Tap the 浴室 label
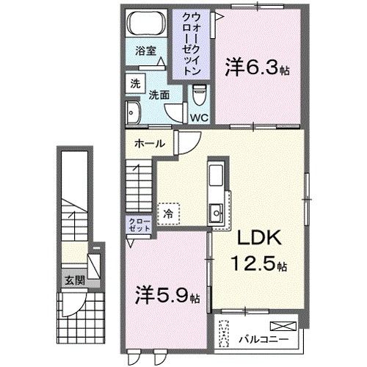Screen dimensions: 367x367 coord(145,51)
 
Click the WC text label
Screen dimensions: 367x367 coord(200,117)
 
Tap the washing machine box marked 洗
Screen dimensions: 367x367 coord(135,84)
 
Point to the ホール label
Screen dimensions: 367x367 coord(148,144)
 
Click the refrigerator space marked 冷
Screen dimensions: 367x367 coord(168,214)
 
